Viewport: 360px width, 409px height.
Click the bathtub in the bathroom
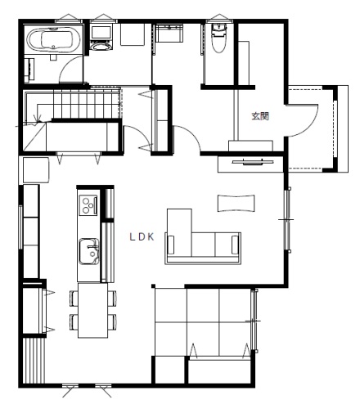(x=53, y=40)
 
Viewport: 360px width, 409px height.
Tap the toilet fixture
(x=219, y=38)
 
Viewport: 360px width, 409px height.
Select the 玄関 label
(x=260, y=116)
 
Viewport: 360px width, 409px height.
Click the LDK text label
(x=142, y=237)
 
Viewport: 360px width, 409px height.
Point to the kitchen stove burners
(x=88, y=204)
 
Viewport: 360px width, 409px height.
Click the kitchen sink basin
(x=89, y=251)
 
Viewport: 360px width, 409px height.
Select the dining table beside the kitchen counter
(x=92, y=311)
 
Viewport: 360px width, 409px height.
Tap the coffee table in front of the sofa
(x=236, y=203)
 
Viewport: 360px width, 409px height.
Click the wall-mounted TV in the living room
(x=253, y=163)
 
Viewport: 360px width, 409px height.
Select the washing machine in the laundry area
(x=101, y=38)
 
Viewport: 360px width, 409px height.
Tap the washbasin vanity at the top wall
(x=169, y=34)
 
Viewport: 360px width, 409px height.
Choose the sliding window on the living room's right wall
(x=287, y=220)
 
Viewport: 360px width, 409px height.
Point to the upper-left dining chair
(x=74, y=299)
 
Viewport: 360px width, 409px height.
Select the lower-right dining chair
(x=112, y=322)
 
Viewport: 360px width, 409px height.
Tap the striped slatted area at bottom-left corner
(x=34, y=361)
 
